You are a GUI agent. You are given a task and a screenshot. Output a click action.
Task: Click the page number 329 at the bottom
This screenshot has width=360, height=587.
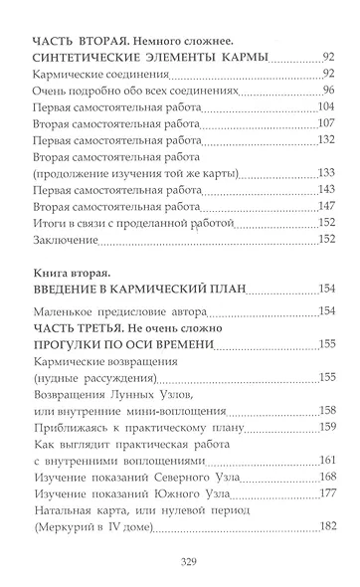(179, 563)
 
